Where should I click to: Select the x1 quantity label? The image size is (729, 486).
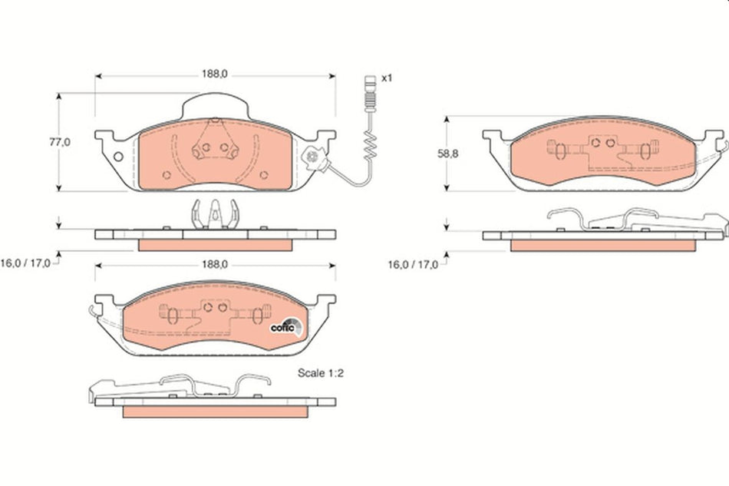[387, 78]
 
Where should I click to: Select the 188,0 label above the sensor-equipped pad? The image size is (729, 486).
[216, 75]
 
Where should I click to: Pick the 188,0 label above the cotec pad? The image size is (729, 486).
[214, 263]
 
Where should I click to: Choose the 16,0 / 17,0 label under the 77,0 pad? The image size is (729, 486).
[26, 263]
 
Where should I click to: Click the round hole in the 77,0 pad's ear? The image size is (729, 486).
[117, 158]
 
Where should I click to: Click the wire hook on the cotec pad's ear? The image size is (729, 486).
[94, 311]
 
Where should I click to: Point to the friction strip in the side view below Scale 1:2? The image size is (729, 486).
[215, 412]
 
